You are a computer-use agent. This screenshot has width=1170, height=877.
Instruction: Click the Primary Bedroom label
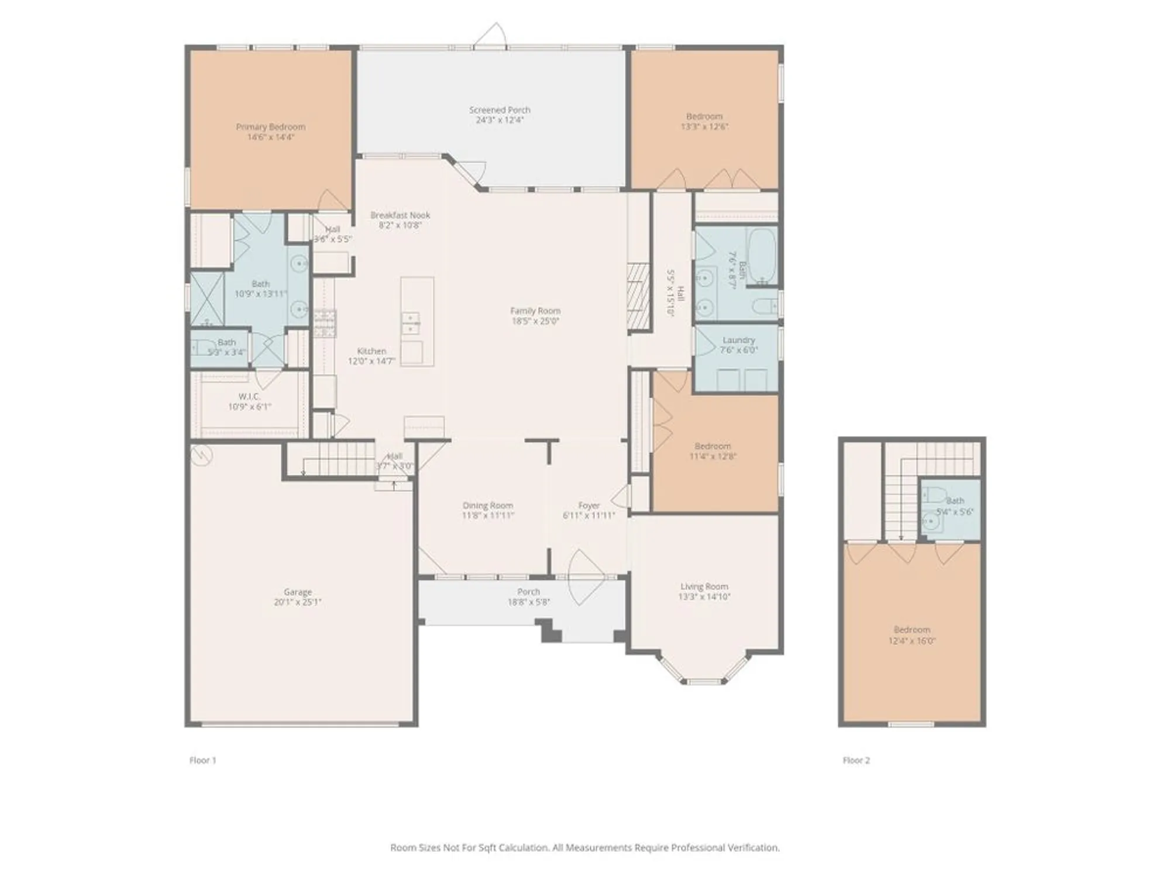tap(270, 127)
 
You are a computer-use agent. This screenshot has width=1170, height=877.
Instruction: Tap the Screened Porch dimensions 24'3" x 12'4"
tap(500, 120)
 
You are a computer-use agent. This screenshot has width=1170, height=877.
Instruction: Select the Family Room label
tap(535, 311)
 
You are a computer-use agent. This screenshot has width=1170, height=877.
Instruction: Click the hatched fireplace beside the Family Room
tap(638, 296)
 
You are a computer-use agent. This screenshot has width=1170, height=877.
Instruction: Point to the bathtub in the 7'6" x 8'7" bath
tap(762, 255)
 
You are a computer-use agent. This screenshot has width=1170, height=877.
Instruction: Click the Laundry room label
tap(738, 340)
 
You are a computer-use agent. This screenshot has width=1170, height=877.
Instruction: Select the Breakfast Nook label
tap(400, 215)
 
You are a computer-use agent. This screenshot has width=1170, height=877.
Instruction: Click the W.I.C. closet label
tap(249, 396)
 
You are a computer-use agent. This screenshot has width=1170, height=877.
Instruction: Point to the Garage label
tap(298, 592)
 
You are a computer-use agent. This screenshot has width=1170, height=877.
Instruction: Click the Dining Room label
tap(487, 505)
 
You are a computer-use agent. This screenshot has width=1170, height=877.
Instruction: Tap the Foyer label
tap(589, 505)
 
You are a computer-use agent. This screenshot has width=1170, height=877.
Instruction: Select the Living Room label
tap(704, 586)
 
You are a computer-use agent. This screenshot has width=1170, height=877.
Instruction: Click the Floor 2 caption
tap(856, 760)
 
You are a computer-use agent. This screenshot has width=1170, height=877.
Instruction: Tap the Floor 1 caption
tap(202, 760)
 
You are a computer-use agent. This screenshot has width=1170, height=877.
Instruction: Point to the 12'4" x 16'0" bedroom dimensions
tap(911, 641)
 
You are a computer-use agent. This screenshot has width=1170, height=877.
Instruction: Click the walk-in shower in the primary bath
tap(207, 298)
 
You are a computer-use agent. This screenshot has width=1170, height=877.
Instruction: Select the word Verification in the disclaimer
tap(753, 847)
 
